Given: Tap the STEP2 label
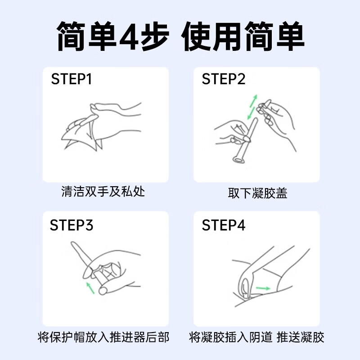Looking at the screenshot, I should (x=224, y=79).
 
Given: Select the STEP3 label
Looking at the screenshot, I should (x=72, y=225).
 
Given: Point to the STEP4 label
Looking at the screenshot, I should (x=224, y=225).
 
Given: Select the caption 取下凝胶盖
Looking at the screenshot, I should (x=257, y=193).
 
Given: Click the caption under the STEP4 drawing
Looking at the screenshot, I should (x=257, y=337).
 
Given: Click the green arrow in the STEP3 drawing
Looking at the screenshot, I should (x=90, y=288).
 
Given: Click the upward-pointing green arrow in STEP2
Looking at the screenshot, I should (x=254, y=100).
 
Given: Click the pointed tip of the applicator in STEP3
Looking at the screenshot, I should (x=73, y=244).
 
